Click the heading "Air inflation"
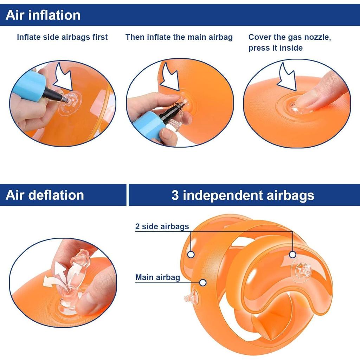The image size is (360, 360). (x=43, y=15)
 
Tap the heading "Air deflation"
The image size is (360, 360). (x=45, y=195)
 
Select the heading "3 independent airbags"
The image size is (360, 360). (x=243, y=195)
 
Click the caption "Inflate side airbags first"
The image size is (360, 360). (x=62, y=37)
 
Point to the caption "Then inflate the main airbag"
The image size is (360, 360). (x=179, y=37)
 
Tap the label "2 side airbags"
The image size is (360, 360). (x=162, y=226)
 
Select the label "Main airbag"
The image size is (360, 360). (x=157, y=277)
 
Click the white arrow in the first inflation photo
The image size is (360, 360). (x=63, y=78)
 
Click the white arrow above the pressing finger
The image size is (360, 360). (x=287, y=77)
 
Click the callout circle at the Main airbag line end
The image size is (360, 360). (x=203, y=283)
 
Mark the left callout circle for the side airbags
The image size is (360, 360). (x=191, y=254)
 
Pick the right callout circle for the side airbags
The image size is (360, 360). (x=292, y=255)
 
